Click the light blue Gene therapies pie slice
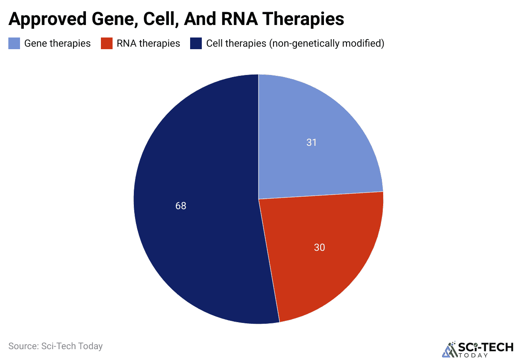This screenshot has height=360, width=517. point(317,137)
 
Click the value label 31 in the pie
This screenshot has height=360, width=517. point(311,142)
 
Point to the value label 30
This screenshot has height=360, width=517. point(319,247)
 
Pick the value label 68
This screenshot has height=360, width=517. point(181,206)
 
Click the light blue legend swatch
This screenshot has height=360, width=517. point(14,43)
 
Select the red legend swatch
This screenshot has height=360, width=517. point(107,43)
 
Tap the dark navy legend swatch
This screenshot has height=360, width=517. point(196,43)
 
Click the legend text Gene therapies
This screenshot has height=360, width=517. point(58,43)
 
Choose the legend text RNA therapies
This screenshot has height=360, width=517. point(148,43)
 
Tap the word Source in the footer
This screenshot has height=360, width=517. point(23,346)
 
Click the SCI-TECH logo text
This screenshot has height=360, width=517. point(486,347)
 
